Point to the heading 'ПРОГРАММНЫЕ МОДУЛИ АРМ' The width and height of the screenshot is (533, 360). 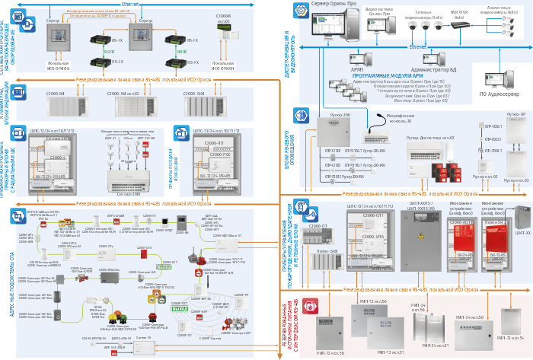point(388,75)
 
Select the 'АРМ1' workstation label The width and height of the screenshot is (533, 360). point(357,69)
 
